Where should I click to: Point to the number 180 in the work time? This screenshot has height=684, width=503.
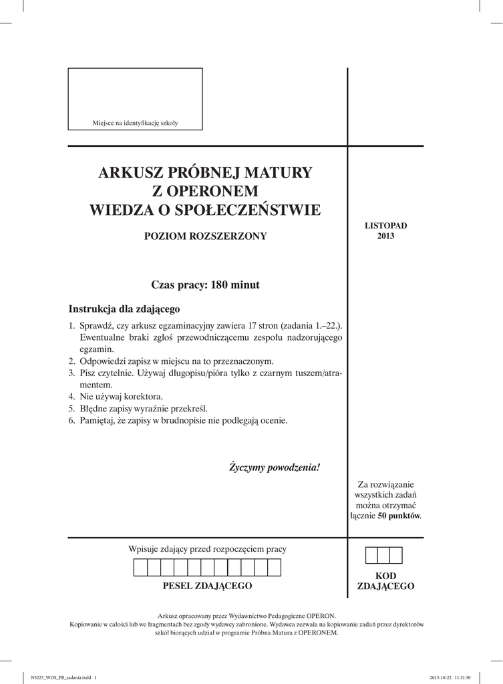220,285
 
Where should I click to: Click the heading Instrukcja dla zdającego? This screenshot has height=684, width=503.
124,309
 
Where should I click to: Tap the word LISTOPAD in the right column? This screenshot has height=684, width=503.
385,226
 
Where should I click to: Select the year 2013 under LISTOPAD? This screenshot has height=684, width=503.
385,236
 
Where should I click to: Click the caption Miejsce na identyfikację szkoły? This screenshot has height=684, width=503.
135,123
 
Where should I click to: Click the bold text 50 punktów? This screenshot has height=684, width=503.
399,516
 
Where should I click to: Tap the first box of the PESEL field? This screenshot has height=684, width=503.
141,568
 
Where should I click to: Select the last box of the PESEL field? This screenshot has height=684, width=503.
274,568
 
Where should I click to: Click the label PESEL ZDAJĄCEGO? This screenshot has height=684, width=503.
207,586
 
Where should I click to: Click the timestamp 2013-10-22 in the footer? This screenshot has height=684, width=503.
437,675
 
